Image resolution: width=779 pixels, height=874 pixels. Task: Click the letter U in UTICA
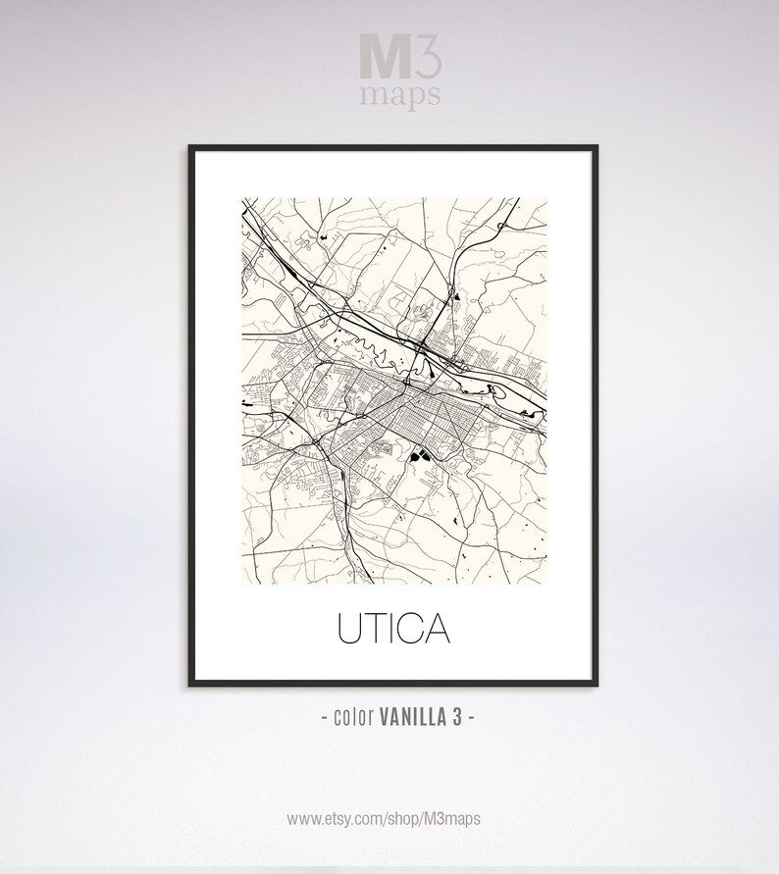[350, 629]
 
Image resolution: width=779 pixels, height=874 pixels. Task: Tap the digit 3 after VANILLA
[458, 719]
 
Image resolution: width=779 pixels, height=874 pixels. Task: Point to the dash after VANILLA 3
[474, 719]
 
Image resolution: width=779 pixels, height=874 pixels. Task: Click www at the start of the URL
[303, 817]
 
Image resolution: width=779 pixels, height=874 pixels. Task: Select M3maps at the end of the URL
[458, 817]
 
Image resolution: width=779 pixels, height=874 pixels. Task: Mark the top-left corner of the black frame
[190, 146]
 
